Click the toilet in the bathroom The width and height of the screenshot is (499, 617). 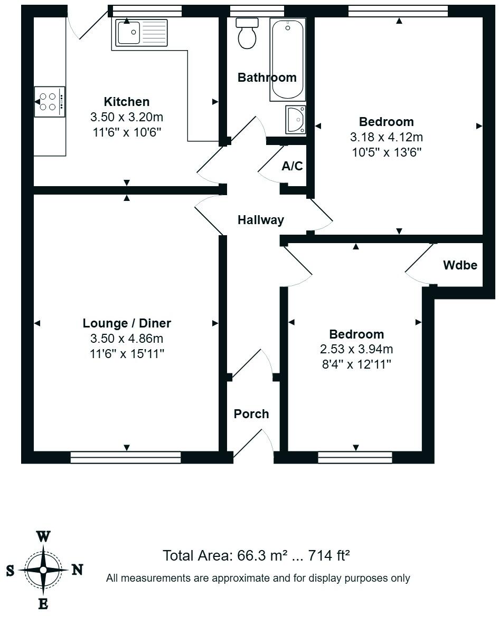pos(247,34)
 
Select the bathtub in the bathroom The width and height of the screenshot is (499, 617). pos(288,59)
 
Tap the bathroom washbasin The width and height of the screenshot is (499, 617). pos(295,120)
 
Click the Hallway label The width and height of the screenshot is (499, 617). pos(260,220)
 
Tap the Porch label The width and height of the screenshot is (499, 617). pos(251,414)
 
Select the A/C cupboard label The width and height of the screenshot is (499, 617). pos(292,167)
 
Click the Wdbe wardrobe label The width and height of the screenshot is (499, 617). pos(460,265)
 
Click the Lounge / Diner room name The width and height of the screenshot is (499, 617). pos(127,323)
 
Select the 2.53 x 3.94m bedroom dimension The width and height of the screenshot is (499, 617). pos(356,349)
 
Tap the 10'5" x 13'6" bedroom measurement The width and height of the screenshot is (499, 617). pos(387,152)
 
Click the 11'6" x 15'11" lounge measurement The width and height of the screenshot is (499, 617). pos(127,353)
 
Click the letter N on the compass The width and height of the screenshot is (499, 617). pos(77,570)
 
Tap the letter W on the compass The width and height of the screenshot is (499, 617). pos(43,537)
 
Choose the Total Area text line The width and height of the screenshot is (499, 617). pos(257,555)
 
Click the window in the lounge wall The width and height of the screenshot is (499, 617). pos(126,457)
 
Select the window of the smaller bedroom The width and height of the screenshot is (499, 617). pos(355,457)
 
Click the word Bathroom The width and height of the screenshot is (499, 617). pos(267,78)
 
